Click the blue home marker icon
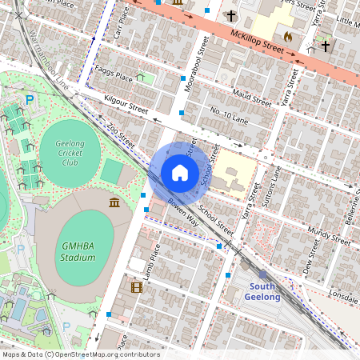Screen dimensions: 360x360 [x=180, y=173]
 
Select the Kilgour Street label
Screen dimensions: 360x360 [x=126, y=104]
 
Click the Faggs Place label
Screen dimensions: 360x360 [x=113, y=77]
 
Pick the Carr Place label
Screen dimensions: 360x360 [x=121, y=27]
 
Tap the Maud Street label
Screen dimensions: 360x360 [x=251, y=98]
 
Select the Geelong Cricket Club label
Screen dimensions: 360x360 [x=70, y=151]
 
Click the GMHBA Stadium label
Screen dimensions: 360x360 [x=78, y=251]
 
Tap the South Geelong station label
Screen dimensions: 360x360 [x=263, y=291]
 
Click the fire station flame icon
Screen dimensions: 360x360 [x=288, y=36]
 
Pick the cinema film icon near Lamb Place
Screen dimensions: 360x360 [x=136, y=286]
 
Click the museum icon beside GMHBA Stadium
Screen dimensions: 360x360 [x=115, y=202]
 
